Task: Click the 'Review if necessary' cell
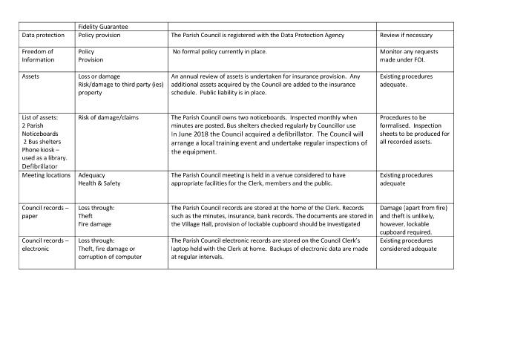406,36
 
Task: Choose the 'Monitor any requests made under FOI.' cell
414,56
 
